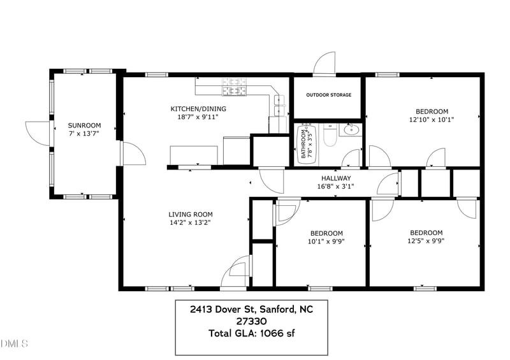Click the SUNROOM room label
click(x=84, y=125)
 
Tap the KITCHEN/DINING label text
click(x=198, y=108)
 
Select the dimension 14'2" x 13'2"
click(x=190, y=223)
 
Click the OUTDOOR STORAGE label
click(x=329, y=95)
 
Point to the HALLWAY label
click(x=336, y=178)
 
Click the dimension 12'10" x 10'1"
click(x=432, y=120)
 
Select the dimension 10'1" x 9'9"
click(x=326, y=241)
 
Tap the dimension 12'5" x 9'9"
click(x=426, y=241)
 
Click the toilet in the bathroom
click(x=330, y=134)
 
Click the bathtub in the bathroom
click(x=307, y=144)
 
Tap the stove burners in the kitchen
click(x=234, y=87)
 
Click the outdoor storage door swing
click(x=324, y=64)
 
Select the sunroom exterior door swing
click(x=38, y=134)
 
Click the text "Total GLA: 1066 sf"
click(x=251, y=333)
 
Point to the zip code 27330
click(x=251, y=321)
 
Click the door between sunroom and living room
click(x=133, y=153)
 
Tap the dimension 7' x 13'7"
click(x=84, y=133)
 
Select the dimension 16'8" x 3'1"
click(x=336, y=186)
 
